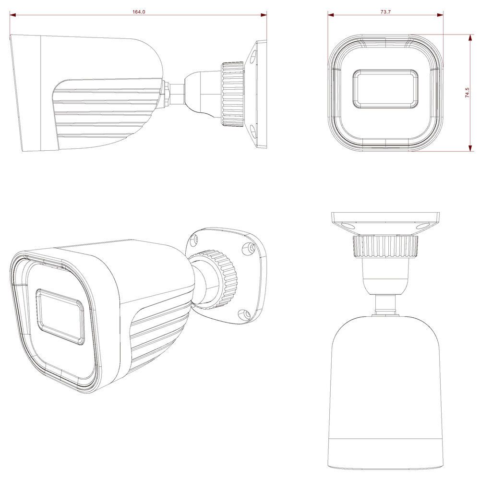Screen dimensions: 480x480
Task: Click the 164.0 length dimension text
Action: (x=139, y=12)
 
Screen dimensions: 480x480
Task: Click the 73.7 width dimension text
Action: (x=385, y=12)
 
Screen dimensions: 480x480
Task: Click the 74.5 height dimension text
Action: (x=467, y=93)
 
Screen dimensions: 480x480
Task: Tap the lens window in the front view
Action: (x=385, y=89)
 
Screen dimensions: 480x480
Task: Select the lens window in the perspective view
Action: (x=60, y=316)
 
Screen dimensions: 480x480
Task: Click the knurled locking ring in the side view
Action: (x=233, y=94)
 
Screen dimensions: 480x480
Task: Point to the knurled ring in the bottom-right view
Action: (x=386, y=246)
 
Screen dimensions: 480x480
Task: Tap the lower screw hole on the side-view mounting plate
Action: (x=253, y=131)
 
